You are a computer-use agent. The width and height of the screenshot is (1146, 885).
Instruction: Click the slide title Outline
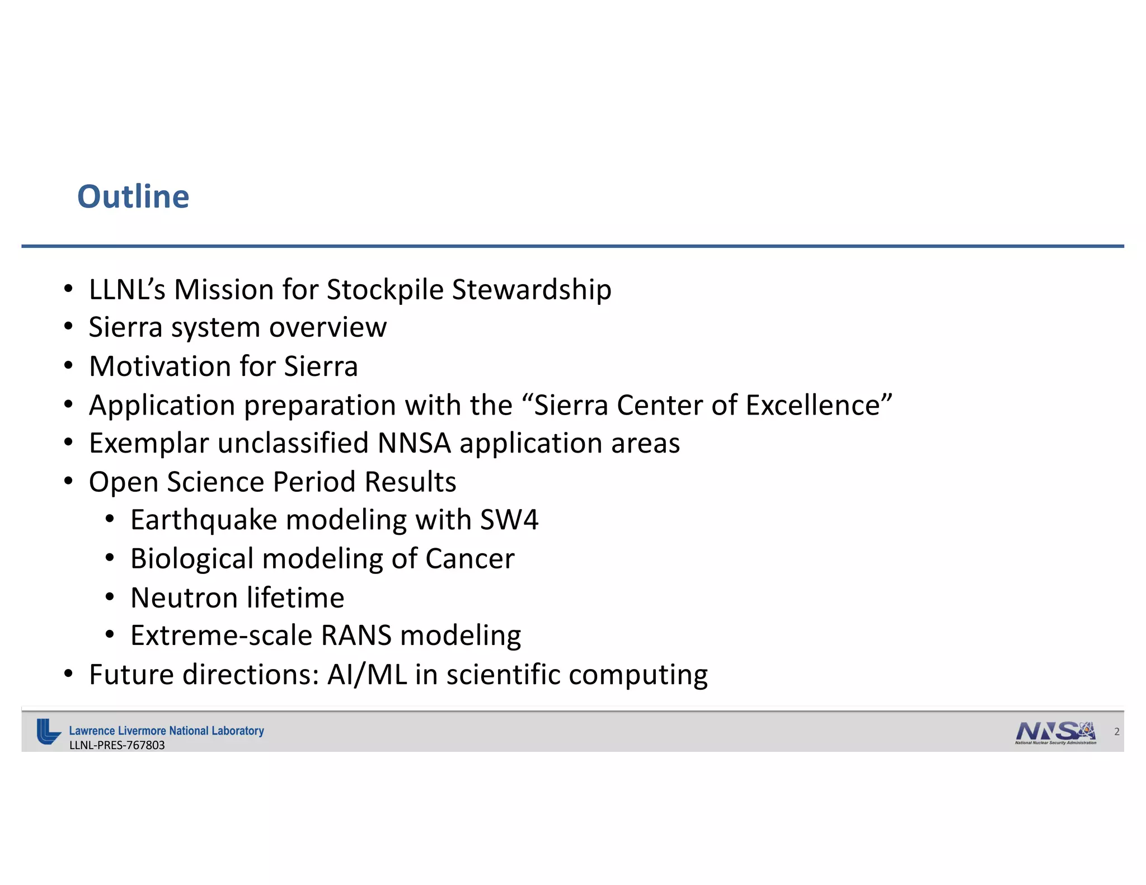tap(133, 197)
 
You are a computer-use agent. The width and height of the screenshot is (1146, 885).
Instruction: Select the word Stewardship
tap(531, 290)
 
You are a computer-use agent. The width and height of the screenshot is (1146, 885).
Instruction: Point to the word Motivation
tap(160, 366)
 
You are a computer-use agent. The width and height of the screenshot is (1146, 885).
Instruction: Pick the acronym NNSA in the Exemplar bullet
tap(414, 443)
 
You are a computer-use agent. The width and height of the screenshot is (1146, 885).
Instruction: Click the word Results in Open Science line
tap(410, 482)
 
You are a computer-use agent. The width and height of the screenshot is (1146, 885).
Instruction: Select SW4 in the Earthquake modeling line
tap(509, 520)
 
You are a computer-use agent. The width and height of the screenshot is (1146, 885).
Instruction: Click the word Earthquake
tap(204, 520)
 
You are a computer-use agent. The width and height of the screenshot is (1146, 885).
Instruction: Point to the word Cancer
tap(469, 559)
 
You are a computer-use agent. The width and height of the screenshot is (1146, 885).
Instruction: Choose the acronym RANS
tap(356, 635)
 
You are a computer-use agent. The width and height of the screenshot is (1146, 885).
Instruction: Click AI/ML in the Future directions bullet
tap(367, 675)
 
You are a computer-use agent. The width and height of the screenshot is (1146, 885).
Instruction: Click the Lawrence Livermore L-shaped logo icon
tap(48, 731)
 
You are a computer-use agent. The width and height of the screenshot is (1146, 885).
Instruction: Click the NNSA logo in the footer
tap(1055, 732)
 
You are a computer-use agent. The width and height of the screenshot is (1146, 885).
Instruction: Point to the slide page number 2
tap(1116, 732)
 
